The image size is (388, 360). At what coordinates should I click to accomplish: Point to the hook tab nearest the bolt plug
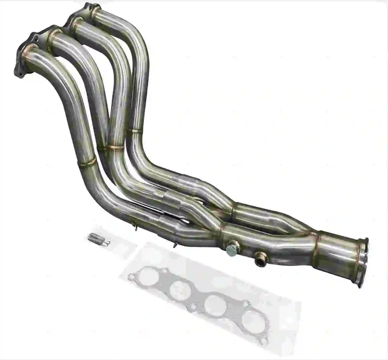click(175, 245)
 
